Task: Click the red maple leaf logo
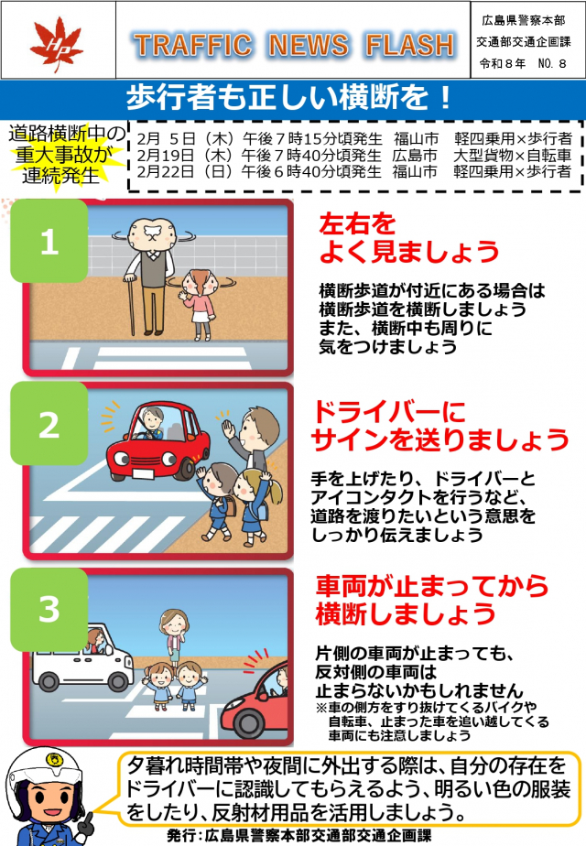click(56, 43)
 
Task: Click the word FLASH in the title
click(410, 46)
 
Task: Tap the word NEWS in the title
click(309, 46)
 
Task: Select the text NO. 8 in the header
click(552, 64)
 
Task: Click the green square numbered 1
click(49, 241)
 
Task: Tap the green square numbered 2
click(49, 424)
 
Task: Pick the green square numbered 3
click(49, 609)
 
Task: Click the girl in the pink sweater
click(199, 306)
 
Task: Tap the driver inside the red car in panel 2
click(152, 423)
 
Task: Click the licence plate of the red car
click(144, 473)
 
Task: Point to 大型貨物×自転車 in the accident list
click(512, 156)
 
